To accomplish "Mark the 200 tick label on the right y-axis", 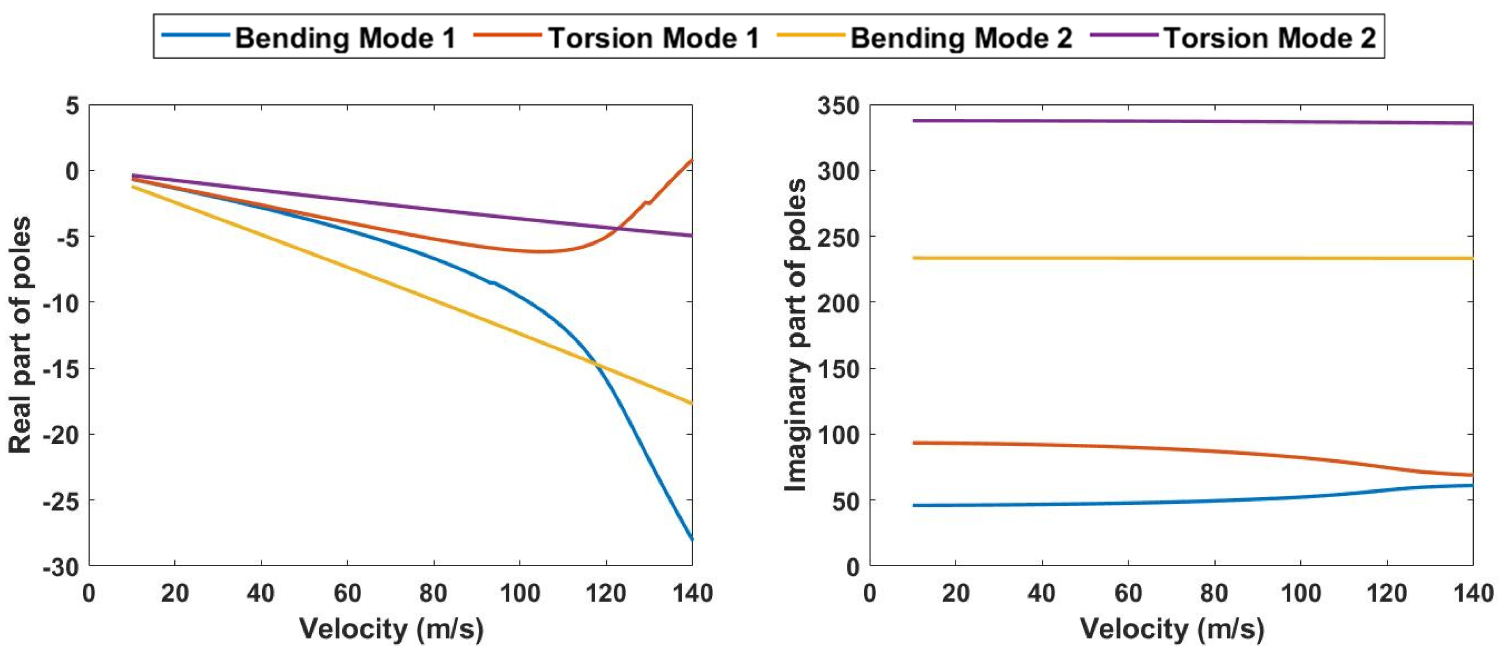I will tap(838, 303).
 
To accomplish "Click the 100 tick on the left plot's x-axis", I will tap(519, 594).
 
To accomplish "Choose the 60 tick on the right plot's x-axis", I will tap(1128, 594).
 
